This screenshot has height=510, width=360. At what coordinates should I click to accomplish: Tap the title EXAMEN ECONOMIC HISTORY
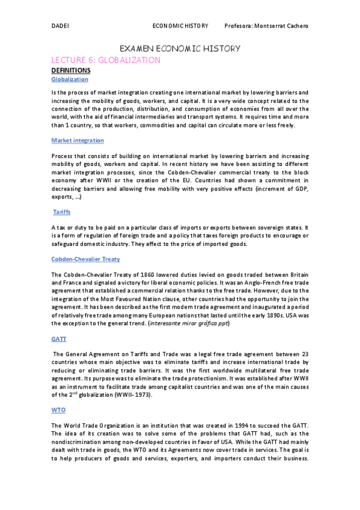click(x=180, y=48)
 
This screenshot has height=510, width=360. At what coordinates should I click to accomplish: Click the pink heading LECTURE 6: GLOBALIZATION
click(x=106, y=60)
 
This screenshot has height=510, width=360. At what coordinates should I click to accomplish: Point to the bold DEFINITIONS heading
click(x=71, y=70)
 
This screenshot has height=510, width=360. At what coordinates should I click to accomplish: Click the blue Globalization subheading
click(x=70, y=79)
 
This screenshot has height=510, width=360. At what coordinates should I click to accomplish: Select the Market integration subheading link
click(x=78, y=140)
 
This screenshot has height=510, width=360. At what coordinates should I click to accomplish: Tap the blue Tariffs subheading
click(x=62, y=213)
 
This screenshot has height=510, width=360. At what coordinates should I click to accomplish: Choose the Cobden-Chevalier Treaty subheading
click(x=86, y=259)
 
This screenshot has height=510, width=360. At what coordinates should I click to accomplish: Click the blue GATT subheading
click(x=59, y=339)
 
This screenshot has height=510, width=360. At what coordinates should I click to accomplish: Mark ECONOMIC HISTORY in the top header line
click(x=180, y=26)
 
